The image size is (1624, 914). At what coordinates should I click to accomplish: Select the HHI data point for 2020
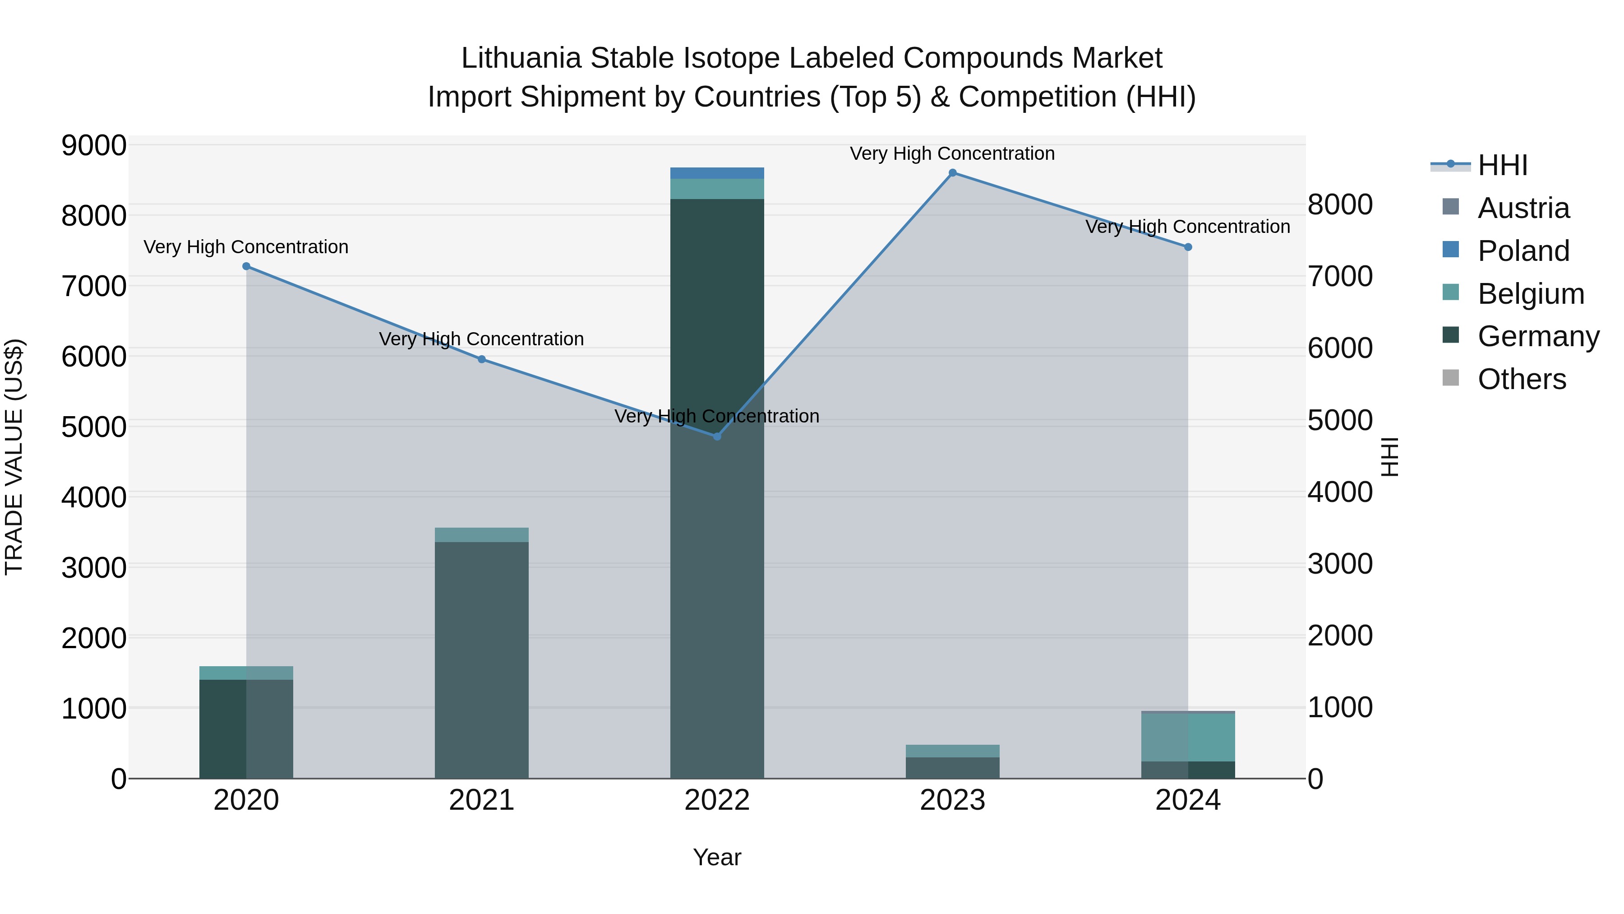pyautogui.click(x=246, y=266)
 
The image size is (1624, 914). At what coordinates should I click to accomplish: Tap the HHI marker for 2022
pyautogui.click(x=717, y=436)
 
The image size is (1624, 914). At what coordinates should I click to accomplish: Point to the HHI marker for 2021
pyautogui.click(x=482, y=359)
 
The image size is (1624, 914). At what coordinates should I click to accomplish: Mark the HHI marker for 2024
pyautogui.click(x=1188, y=247)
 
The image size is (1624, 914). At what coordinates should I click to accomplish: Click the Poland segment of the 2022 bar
pyautogui.click(x=717, y=173)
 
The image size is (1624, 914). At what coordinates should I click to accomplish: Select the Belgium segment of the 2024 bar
pyautogui.click(x=1188, y=737)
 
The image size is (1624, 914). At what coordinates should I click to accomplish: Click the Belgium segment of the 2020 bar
pyautogui.click(x=246, y=673)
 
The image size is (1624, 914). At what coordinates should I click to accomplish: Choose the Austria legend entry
pyautogui.click(x=1523, y=208)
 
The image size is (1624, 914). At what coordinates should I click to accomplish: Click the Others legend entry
pyautogui.click(x=1521, y=379)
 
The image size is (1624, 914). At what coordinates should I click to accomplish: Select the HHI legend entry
pyautogui.click(x=1502, y=165)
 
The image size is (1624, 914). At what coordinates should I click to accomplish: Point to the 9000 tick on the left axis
pyautogui.click(x=93, y=146)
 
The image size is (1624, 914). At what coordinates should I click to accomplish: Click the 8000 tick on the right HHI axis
pyautogui.click(x=1340, y=204)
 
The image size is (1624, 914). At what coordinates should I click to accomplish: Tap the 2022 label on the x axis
pyautogui.click(x=717, y=800)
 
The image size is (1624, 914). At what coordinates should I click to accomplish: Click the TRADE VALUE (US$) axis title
pyautogui.click(x=14, y=457)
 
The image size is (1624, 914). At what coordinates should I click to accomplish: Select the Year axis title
pyautogui.click(x=717, y=857)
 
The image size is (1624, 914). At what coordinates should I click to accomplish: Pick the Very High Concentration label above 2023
pyautogui.click(x=952, y=153)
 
